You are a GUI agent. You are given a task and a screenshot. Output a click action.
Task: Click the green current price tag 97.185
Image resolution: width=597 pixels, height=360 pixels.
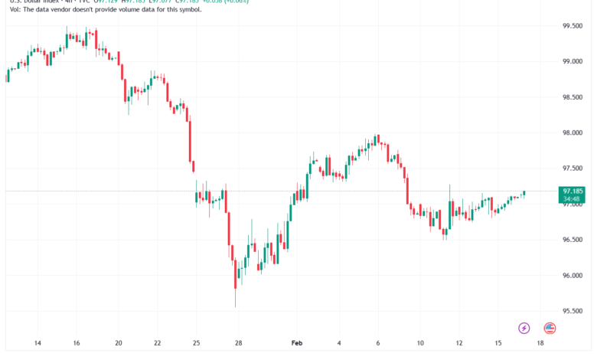pyautogui.click(x=573, y=191)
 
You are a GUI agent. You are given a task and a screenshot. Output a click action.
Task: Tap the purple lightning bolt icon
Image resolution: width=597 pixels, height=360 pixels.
pyautogui.click(x=524, y=328)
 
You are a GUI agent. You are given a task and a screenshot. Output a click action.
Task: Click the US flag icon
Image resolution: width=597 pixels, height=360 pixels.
pyautogui.click(x=550, y=328)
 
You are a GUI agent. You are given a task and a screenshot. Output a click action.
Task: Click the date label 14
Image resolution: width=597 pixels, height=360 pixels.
pyautogui.click(x=38, y=344)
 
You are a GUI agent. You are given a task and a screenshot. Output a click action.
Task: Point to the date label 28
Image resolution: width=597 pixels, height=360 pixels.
pyautogui.click(x=239, y=344)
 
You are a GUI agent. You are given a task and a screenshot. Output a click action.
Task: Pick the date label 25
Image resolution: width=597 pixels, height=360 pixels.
pyautogui.click(x=197, y=344)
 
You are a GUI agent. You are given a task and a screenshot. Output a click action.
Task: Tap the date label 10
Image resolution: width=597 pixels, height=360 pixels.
pyautogui.click(x=419, y=344)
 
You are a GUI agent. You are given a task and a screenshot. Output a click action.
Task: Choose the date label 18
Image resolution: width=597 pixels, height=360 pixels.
pyautogui.click(x=540, y=344)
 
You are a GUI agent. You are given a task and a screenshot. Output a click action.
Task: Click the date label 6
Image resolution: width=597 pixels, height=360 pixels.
pyautogui.click(x=378, y=344)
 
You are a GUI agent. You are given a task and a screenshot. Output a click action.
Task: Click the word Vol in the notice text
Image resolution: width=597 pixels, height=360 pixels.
pyautogui.click(x=9, y=9)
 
